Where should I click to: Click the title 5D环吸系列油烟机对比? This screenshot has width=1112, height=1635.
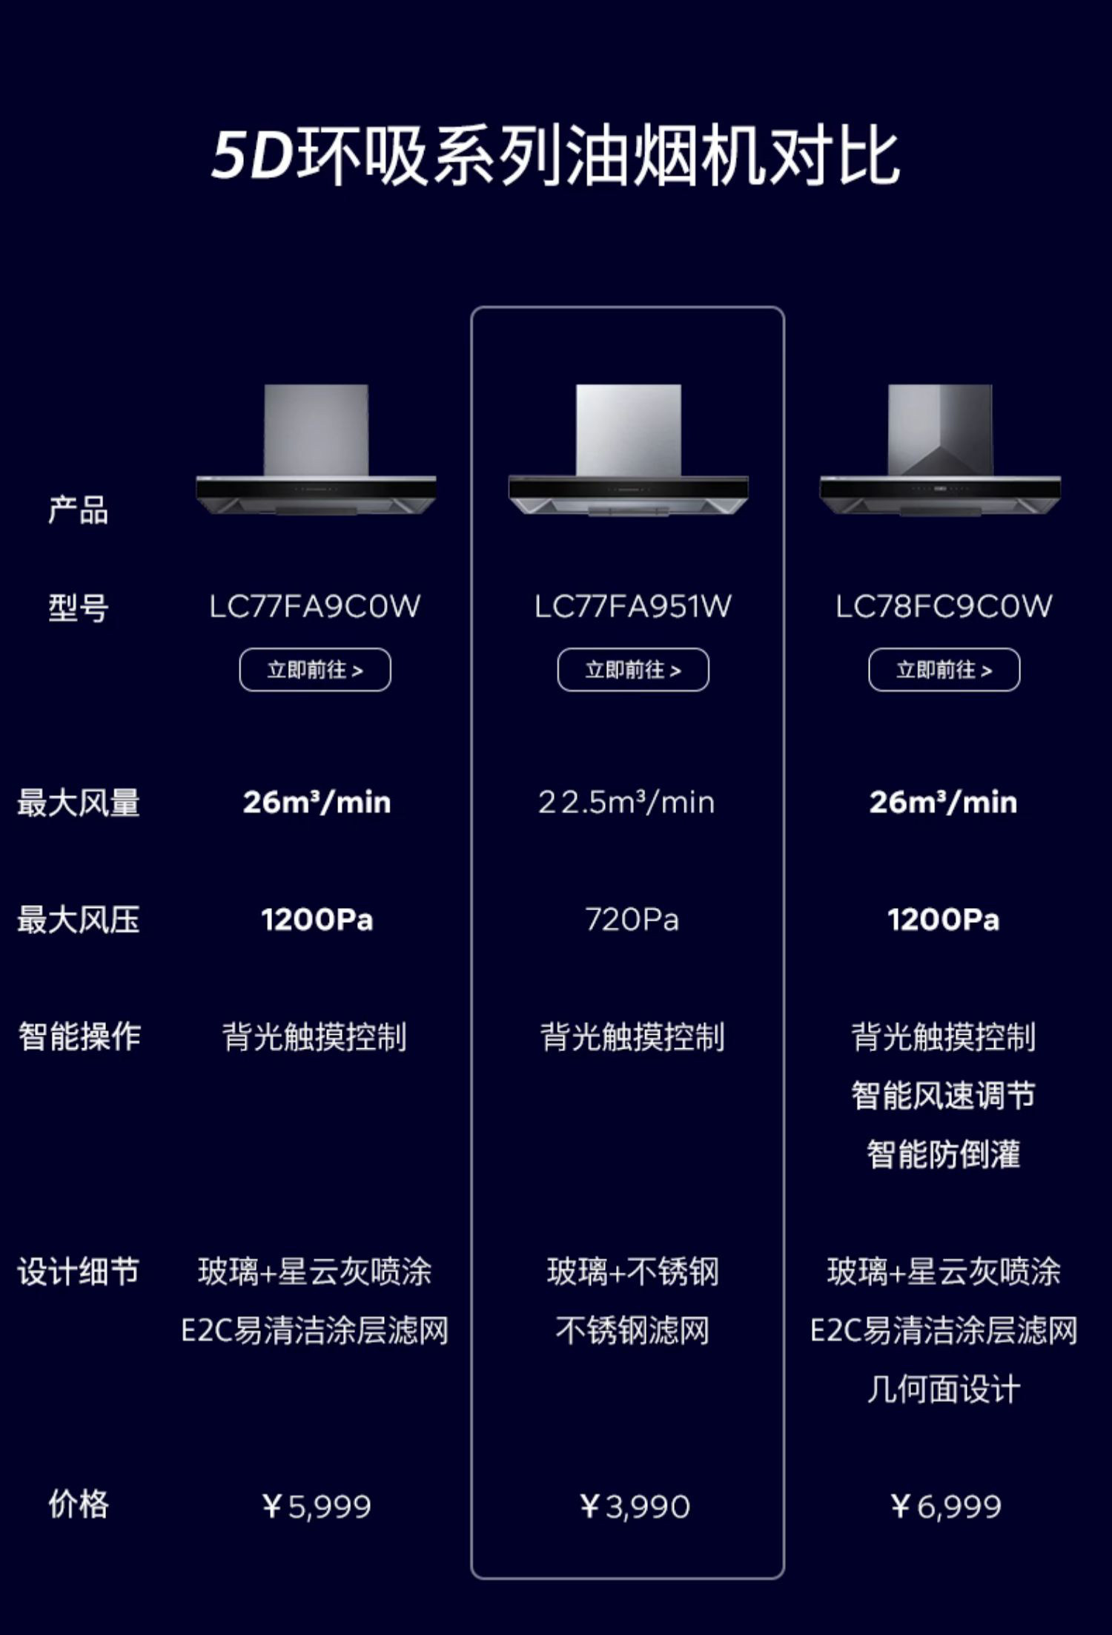point(556,157)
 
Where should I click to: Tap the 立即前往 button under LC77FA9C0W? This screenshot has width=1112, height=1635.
point(315,670)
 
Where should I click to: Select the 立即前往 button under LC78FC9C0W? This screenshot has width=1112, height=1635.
point(944,670)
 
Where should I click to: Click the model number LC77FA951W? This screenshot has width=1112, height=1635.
point(632,607)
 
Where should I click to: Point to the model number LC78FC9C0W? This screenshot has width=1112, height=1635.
point(944,607)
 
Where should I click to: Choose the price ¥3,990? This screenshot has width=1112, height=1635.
point(635,1507)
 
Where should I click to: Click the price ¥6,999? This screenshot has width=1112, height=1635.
point(946,1507)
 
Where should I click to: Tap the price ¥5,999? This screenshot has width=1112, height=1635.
point(317,1507)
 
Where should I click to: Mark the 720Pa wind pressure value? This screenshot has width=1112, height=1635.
point(632,920)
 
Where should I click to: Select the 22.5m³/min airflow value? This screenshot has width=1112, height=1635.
point(626,803)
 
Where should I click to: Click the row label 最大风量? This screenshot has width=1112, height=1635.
point(79,803)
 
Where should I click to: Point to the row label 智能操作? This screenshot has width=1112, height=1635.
point(79,1036)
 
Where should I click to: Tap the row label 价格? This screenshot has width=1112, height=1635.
point(79,1504)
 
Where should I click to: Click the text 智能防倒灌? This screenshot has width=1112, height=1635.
point(944,1154)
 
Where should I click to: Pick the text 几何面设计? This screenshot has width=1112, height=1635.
point(944,1389)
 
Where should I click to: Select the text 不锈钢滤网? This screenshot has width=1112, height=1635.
point(632,1330)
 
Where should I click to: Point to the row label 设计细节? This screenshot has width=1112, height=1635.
point(79,1272)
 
